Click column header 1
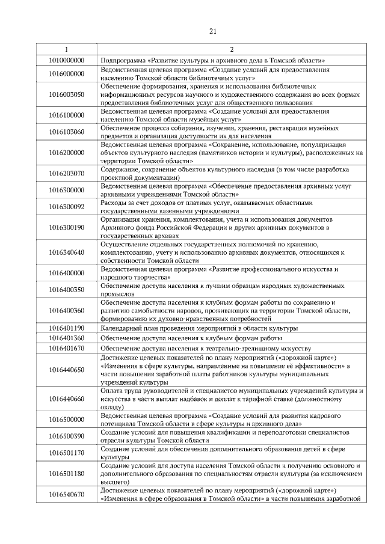pyautogui.click(x=66, y=49)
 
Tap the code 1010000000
pyautogui.click(x=66, y=61)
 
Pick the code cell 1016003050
pyautogui.click(x=66, y=94)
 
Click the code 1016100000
pyautogui.click(x=66, y=115)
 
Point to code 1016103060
pyautogui.click(x=66, y=132)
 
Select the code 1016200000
pyautogui.click(x=66, y=153)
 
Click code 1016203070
pyautogui.click(x=66, y=174)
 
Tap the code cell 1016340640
pyautogui.click(x=66, y=252)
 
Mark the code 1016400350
pyautogui.click(x=66, y=290)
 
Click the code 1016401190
pyautogui.click(x=66, y=328)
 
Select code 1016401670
pyautogui.click(x=66, y=348)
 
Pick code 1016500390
pyautogui.click(x=66, y=436)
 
